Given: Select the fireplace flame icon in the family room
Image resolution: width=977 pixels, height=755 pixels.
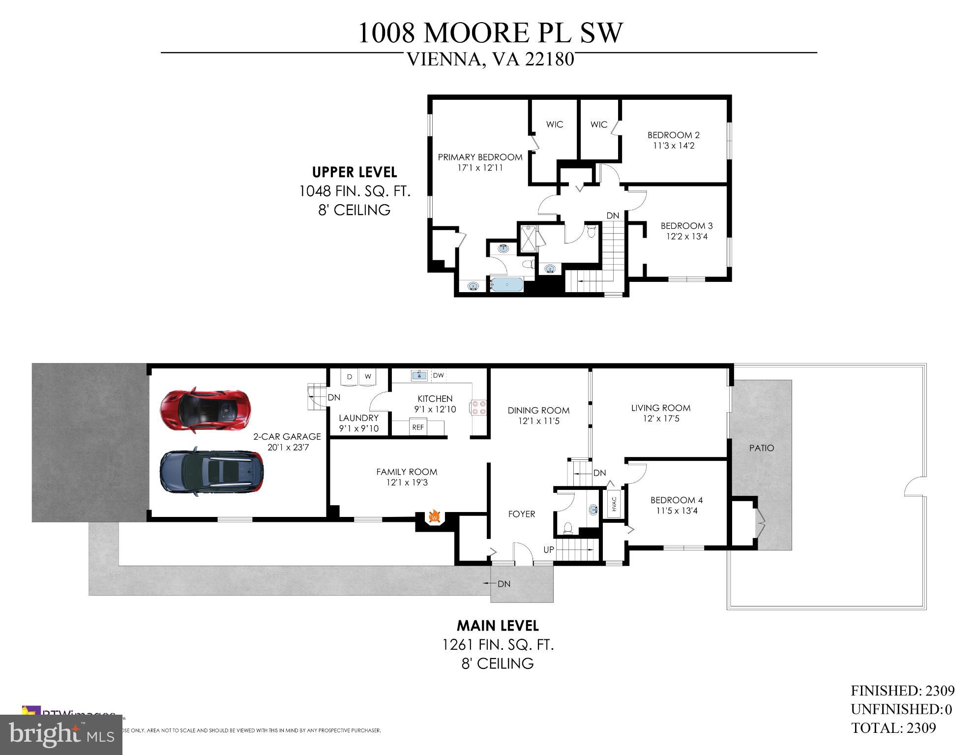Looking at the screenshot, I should (434, 516).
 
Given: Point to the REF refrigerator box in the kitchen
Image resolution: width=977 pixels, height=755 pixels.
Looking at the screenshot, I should (418, 427).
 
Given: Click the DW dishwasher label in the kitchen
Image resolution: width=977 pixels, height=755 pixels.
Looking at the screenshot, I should (438, 375).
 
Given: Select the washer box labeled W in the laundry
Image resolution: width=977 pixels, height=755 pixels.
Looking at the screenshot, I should (367, 377).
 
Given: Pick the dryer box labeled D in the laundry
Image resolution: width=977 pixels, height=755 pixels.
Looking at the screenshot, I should (350, 377).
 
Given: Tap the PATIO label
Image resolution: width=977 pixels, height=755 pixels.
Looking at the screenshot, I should (761, 448).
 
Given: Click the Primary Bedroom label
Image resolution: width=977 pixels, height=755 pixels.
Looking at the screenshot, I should (480, 157).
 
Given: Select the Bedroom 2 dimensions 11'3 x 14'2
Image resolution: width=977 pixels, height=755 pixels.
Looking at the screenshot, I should (673, 146).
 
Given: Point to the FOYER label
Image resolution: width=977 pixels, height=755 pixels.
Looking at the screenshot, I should (521, 514).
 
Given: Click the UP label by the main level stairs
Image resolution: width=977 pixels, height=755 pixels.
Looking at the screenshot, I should (549, 549).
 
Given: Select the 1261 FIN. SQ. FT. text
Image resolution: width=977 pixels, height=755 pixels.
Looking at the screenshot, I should (498, 644).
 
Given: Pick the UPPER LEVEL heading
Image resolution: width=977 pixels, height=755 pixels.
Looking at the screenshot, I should (354, 172).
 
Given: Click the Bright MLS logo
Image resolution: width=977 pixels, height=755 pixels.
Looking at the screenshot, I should (61, 735).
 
